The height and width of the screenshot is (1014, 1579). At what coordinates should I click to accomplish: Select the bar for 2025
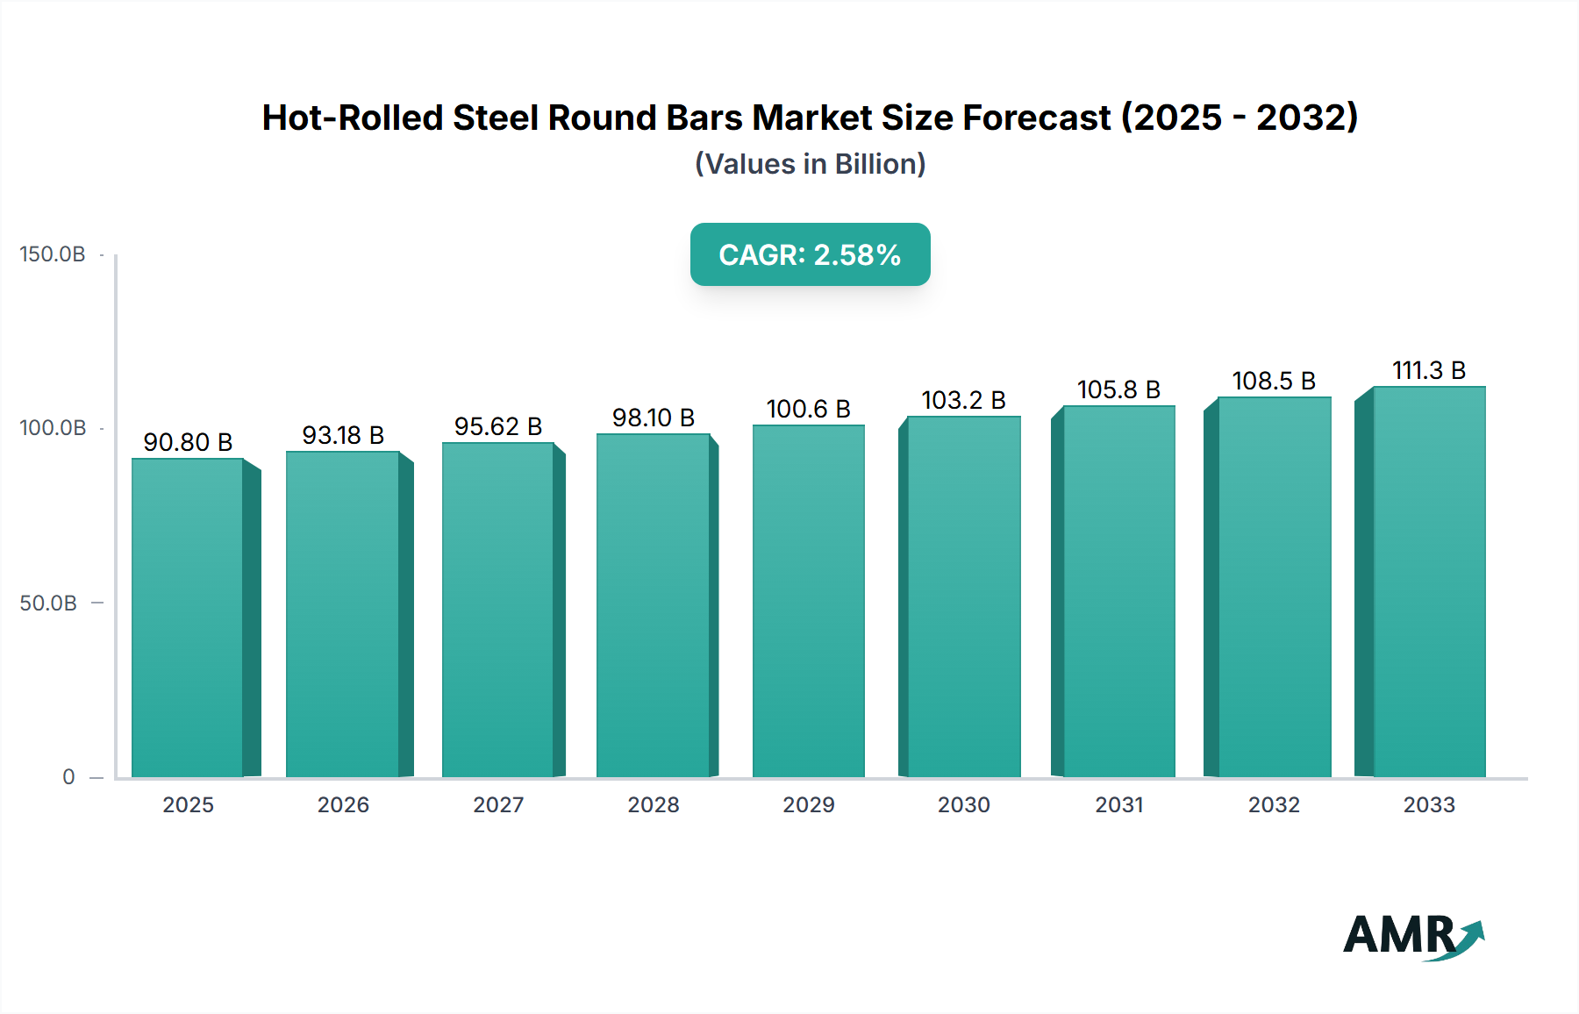(x=188, y=618)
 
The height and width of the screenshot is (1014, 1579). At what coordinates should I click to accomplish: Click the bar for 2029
(x=808, y=601)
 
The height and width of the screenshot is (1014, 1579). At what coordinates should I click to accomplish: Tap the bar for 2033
(x=1428, y=582)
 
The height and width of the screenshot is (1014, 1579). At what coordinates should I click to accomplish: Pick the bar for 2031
(x=1118, y=591)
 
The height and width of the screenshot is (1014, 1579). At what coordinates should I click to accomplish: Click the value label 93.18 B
(x=343, y=435)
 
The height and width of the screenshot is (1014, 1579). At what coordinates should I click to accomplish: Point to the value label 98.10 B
(x=654, y=418)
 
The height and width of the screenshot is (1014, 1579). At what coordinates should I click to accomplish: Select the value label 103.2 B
(x=963, y=400)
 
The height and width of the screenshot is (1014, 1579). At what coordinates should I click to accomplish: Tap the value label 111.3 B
(x=1428, y=370)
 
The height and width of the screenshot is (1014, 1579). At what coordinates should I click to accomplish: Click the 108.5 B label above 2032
(x=1274, y=381)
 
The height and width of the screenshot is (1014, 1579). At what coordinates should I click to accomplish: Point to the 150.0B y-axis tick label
(x=53, y=254)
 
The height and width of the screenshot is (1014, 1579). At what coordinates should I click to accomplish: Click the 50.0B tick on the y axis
(x=48, y=603)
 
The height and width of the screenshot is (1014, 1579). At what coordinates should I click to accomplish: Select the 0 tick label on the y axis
(x=68, y=777)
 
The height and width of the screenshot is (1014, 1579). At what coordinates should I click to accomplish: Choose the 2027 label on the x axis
(x=498, y=805)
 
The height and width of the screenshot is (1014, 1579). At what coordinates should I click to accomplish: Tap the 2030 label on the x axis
(x=963, y=805)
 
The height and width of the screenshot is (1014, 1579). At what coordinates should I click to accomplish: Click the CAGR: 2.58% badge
(x=810, y=254)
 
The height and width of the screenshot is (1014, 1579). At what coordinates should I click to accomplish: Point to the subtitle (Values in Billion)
(x=810, y=164)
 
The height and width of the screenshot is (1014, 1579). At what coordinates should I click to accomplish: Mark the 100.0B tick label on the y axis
(x=53, y=428)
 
